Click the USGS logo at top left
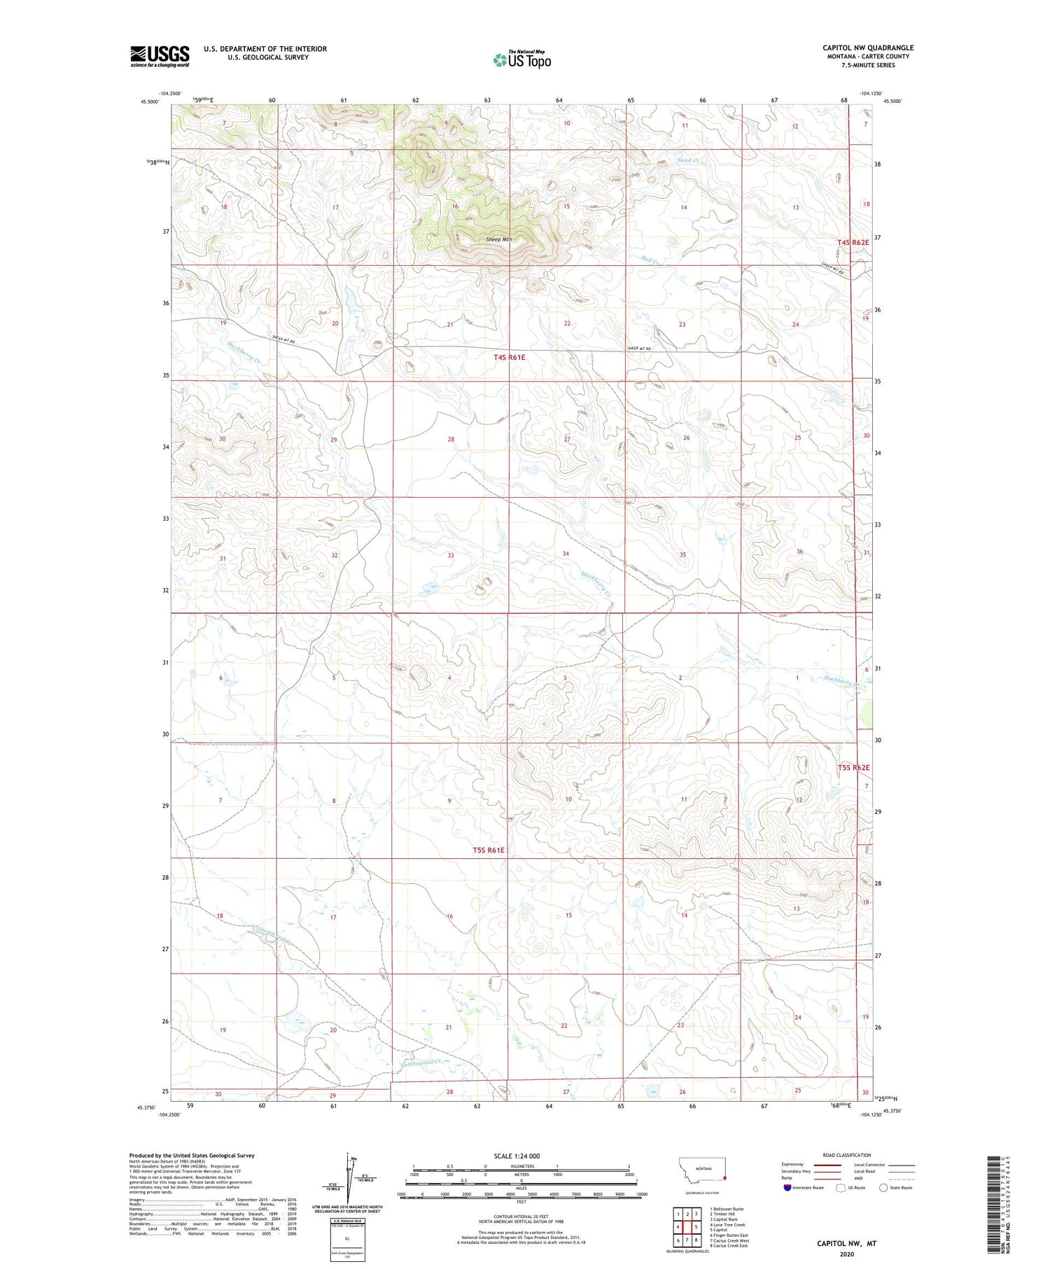click(160, 56)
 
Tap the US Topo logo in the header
click(521, 60)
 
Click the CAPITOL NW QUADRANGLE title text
click(868, 48)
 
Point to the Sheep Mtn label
click(499, 239)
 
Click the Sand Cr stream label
click(687, 160)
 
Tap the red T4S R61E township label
click(509, 357)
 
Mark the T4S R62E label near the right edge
click(853, 242)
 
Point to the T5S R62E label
click(853, 767)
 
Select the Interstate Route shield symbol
click(787, 1188)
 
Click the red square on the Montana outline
click(725, 1177)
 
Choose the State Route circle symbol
click(883, 1188)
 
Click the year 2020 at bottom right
click(846, 1254)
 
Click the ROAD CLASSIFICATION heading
click(847, 1155)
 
